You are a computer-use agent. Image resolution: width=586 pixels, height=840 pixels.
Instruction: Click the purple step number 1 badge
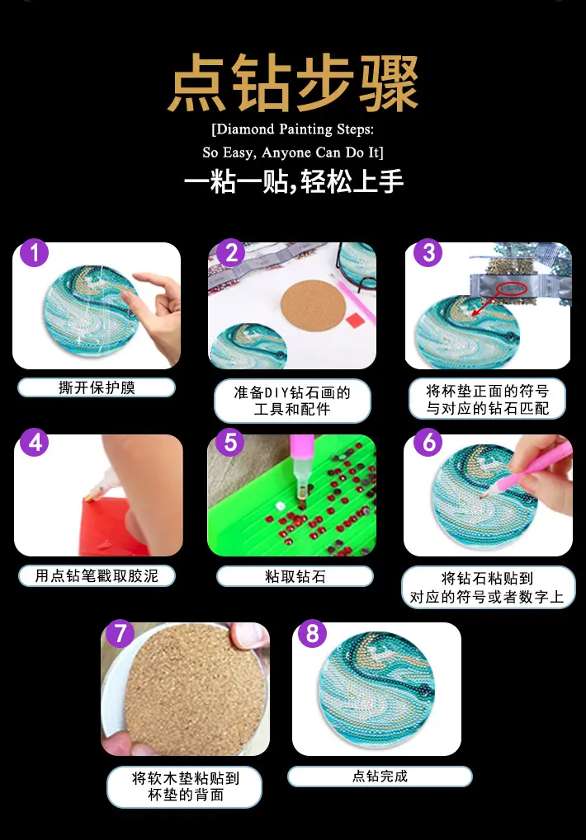(35, 253)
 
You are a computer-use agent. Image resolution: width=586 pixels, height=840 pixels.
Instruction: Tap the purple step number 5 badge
(230, 443)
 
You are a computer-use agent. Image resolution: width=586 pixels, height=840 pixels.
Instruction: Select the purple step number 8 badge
(312, 634)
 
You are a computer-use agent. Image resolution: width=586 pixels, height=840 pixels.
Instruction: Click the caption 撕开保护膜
(97, 387)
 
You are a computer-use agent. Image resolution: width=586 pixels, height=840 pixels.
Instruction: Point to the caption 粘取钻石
(295, 576)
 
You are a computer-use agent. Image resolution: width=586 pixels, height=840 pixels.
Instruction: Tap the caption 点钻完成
(380, 777)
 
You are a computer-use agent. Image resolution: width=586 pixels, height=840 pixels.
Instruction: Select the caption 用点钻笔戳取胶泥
(97, 576)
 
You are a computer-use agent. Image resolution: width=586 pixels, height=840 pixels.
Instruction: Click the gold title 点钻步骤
(293, 82)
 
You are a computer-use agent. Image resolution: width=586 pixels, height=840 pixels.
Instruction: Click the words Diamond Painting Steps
(293, 129)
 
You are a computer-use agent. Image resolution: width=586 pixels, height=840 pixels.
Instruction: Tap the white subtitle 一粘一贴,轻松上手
(293, 181)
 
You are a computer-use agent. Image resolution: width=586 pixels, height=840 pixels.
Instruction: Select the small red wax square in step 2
(356, 321)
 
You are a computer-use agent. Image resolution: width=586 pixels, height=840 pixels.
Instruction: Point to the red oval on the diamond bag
(512, 289)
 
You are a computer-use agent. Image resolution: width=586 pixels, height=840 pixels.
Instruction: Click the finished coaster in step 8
(377, 688)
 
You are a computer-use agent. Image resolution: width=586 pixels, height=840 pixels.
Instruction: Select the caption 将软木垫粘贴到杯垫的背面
(186, 786)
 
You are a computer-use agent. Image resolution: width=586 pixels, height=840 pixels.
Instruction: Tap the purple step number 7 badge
(121, 633)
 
